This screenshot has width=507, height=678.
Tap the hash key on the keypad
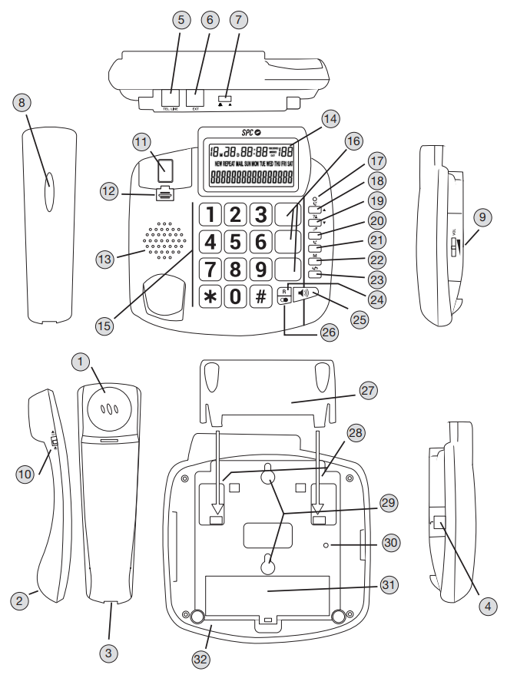click(x=261, y=296)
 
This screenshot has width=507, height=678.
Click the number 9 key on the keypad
click(x=261, y=270)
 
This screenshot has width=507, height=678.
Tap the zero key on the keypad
click(x=235, y=296)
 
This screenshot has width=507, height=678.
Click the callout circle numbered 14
click(x=330, y=119)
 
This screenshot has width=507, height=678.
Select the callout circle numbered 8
click(x=22, y=101)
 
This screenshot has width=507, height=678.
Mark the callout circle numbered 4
click(x=485, y=604)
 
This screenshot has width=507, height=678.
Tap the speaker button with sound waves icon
click(x=305, y=293)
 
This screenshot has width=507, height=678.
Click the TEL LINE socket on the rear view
click(x=171, y=98)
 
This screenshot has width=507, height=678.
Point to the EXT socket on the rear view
click(x=196, y=98)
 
